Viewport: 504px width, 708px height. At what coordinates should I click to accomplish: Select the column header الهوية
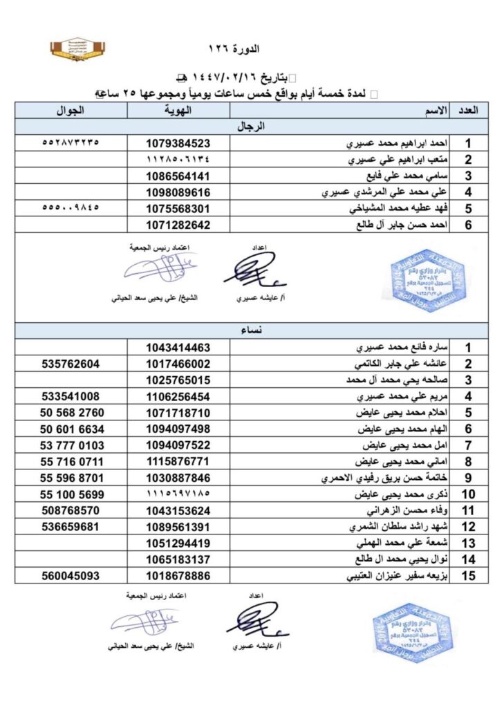(x=178, y=111)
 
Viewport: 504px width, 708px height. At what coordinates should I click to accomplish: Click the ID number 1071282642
(x=178, y=225)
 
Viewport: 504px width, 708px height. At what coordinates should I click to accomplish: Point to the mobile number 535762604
(x=70, y=364)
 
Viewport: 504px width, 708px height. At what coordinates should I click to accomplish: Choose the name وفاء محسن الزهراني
(x=400, y=512)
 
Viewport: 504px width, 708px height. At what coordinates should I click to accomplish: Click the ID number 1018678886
(x=178, y=575)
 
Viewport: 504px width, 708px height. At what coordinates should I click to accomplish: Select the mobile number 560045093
(x=70, y=575)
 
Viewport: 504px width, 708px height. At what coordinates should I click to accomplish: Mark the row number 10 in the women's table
(x=468, y=495)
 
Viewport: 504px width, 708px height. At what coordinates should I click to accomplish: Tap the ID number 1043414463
(x=178, y=348)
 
